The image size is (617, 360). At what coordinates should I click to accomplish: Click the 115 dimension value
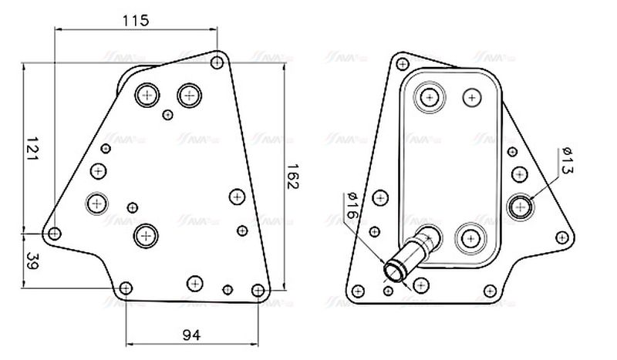(136, 20)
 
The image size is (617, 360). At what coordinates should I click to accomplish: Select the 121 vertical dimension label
(32, 148)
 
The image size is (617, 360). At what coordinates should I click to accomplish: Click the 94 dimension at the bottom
(192, 335)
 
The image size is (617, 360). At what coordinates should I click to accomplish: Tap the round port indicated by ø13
(523, 206)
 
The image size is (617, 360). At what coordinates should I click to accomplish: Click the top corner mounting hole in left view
(218, 59)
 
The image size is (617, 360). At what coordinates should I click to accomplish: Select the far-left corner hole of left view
(53, 233)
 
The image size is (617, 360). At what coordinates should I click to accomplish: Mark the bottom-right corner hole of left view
(258, 291)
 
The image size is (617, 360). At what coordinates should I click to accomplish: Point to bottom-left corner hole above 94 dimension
(126, 288)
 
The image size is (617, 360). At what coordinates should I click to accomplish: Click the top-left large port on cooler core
(428, 97)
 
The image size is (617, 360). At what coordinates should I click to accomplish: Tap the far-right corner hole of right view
(563, 237)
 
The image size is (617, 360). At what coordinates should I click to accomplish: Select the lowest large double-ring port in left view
(144, 236)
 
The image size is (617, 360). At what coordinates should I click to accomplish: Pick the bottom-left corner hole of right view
(358, 291)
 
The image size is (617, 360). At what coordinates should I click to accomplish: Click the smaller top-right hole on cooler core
(470, 97)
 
